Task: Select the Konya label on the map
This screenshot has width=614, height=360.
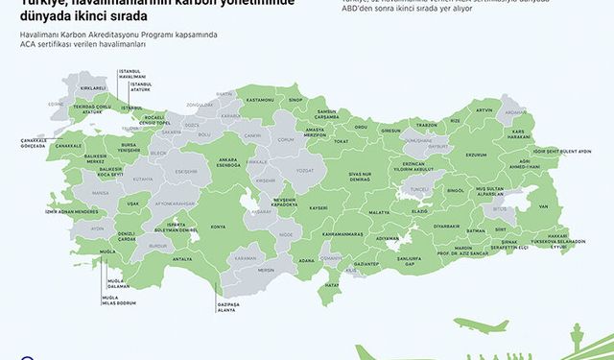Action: [219, 227]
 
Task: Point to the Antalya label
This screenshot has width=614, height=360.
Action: [182, 258]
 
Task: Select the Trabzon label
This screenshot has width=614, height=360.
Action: [426, 125]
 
